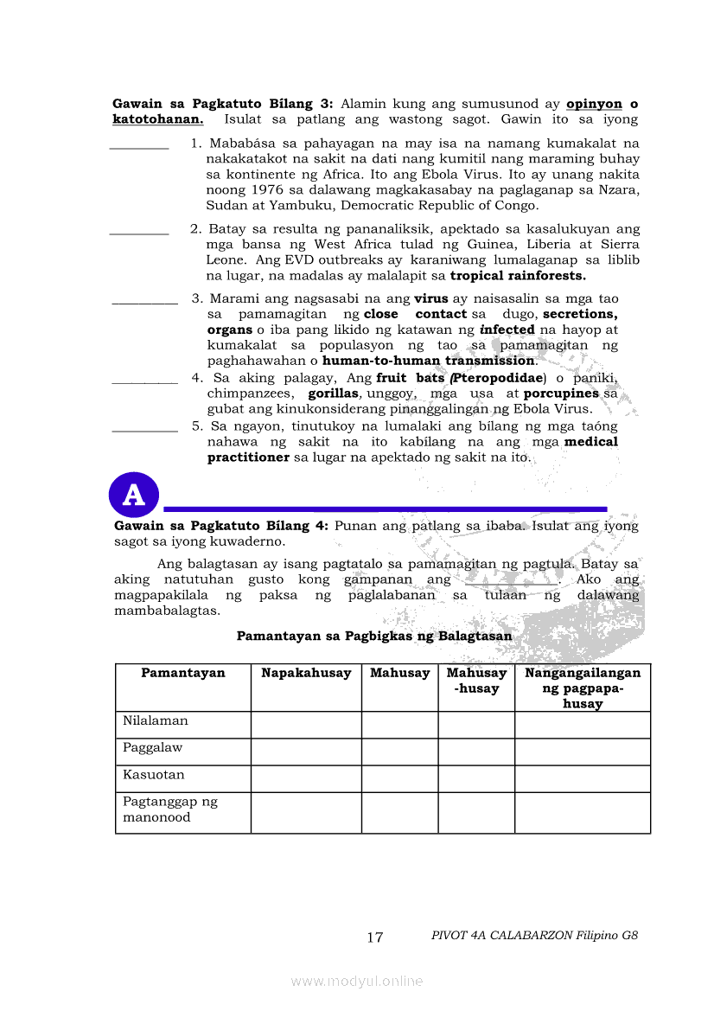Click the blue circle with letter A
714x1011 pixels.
click(134, 496)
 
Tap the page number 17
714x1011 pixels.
click(374, 937)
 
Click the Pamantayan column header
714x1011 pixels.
click(183, 673)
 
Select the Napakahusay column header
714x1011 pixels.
click(306, 673)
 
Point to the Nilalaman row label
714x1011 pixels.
click(156, 720)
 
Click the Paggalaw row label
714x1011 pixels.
click(153, 747)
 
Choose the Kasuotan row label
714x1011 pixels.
click(154, 774)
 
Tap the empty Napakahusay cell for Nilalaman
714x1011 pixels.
click(306, 725)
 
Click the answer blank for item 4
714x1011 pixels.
click(145, 381)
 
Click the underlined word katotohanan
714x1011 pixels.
click(157, 119)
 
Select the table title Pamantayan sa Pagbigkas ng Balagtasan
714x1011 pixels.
click(374, 636)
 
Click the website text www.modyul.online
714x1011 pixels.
click(357, 981)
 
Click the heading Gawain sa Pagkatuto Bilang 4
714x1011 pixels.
click(220, 525)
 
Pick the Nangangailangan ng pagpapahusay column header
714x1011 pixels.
click(583, 688)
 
